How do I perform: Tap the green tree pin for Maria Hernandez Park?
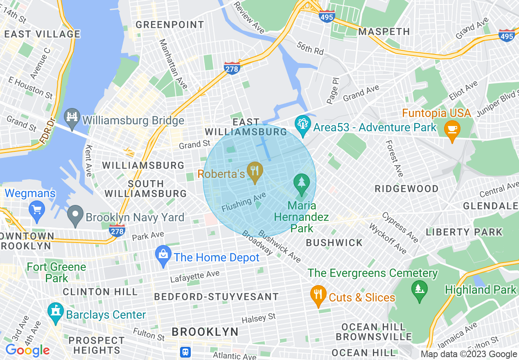coord(302,184)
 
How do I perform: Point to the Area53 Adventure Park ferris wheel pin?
coord(303,126)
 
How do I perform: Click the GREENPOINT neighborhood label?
coord(170,25)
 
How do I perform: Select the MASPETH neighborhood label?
coord(384,32)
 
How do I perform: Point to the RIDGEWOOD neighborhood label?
coord(406,189)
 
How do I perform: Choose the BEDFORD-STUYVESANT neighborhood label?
coord(216,297)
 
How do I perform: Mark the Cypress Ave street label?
coord(400,227)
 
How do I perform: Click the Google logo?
coord(27,351)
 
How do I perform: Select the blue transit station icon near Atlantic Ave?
coord(185,352)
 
